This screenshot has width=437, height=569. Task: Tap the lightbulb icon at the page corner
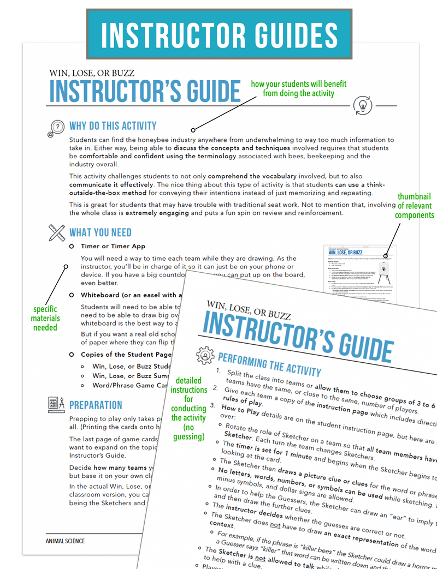coord(362,105)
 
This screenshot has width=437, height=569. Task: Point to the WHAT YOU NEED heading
coord(101,233)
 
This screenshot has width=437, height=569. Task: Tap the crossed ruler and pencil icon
coord(56,233)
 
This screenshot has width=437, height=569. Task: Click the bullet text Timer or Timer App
coord(113,247)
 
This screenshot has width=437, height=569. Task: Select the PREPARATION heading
coord(96,405)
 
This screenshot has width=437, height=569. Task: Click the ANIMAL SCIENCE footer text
coord(65,541)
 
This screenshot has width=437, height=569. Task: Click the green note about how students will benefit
coord(298,89)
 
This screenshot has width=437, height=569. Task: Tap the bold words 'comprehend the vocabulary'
coord(252,176)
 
